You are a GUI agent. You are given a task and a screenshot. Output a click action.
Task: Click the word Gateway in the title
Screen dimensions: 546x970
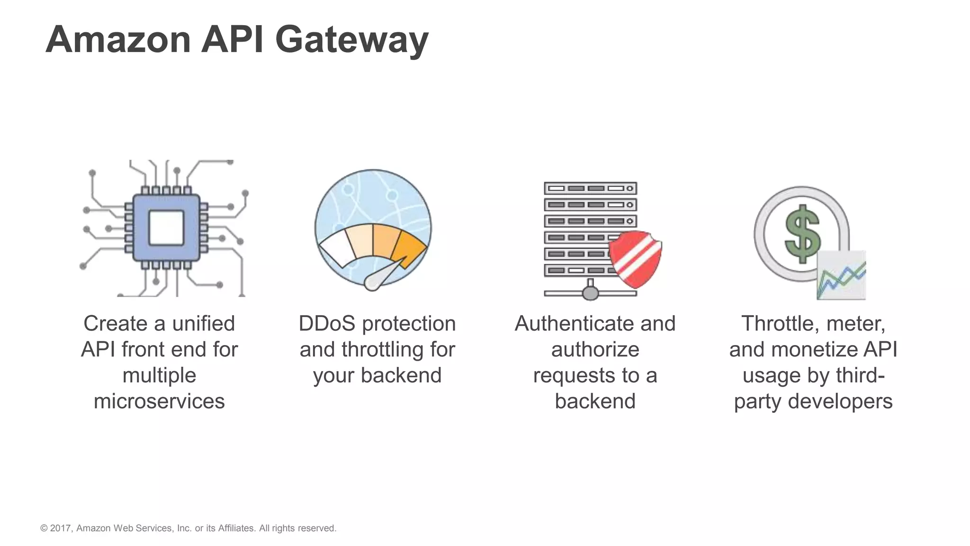(351, 40)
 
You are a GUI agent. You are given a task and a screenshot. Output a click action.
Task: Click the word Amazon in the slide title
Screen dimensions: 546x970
(118, 40)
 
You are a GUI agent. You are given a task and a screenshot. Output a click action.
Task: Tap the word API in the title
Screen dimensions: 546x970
(232, 40)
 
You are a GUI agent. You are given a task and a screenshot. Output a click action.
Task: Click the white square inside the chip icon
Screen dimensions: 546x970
(166, 227)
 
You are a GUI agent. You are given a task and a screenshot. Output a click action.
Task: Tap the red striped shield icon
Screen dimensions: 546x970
(635, 258)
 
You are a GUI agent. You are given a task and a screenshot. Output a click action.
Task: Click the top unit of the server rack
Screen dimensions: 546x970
(590, 188)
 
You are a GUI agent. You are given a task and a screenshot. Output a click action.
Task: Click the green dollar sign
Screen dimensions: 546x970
(802, 234)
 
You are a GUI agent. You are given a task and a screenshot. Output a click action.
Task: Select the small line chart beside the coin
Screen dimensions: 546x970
(841, 276)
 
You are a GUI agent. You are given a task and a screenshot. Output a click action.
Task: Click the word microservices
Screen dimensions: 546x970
(159, 401)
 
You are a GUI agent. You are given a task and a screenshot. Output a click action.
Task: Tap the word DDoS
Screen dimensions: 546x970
(326, 324)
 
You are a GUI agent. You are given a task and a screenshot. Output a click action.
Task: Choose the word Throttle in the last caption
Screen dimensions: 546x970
(777, 324)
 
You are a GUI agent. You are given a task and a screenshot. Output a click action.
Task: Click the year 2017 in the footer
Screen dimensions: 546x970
(60, 528)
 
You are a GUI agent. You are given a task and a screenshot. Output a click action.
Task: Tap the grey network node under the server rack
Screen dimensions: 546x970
(590, 293)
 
